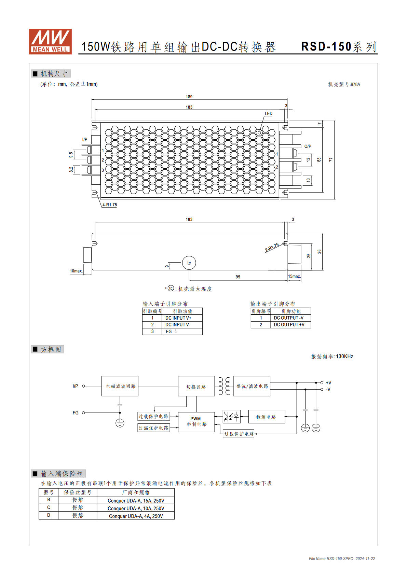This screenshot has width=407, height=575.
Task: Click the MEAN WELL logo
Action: (50, 41)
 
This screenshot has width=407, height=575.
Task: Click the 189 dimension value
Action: (189, 97)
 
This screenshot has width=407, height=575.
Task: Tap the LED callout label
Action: (269, 113)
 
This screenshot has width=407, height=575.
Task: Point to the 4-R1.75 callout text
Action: (110, 205)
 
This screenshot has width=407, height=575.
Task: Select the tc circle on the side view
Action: (189, 263)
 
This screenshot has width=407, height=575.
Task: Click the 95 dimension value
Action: (238, 277)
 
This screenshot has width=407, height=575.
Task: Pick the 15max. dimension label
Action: (294, 277)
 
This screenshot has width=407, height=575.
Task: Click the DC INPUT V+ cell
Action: (182, 318)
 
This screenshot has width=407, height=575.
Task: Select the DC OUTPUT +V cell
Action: (290, 325)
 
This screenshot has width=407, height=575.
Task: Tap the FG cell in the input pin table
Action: (182, 332)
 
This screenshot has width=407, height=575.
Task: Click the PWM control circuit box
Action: (196, 422)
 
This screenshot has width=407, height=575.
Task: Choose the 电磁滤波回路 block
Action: (120, 386)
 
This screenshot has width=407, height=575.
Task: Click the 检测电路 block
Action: (267, 417)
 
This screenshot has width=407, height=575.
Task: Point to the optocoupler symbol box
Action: (231, 416)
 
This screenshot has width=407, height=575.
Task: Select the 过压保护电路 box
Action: (239, 434)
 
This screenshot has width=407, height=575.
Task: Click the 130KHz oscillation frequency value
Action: (344, 356)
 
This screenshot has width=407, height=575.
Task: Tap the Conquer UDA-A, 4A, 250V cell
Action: (136, 516)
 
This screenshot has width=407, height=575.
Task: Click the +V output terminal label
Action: (328, 383)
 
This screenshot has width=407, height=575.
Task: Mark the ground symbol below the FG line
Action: (120, 423)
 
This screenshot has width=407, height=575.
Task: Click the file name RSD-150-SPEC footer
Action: (331, 559)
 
